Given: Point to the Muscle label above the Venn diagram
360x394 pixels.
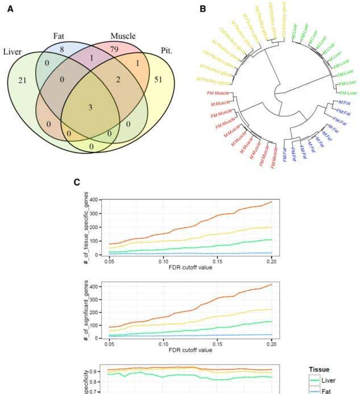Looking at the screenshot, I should click(123, 36).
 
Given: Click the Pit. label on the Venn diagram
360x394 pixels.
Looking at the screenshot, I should click(165, 51).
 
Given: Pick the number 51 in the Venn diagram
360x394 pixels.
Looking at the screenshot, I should click(158, 79).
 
